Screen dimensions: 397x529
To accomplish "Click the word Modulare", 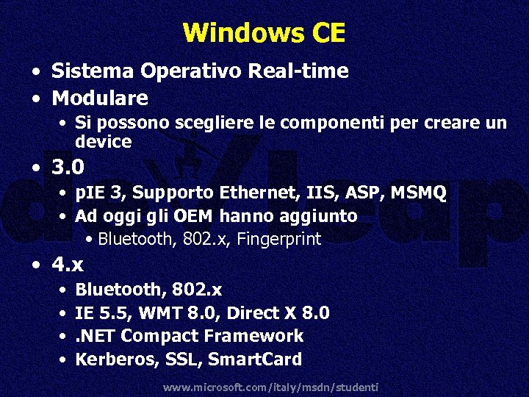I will pyautogui.click(x=100, y=98).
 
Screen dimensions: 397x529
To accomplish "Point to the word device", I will pyautogui.click(x=103, y=140).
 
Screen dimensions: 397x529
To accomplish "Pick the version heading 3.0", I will pyautogui.click(x=68, y=168).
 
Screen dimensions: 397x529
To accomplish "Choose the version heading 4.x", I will pyautogui.click(x=68, y=262).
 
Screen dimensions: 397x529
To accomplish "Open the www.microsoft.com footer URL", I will pyautogui.click(x=270, y=387).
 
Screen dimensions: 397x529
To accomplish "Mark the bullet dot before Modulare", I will pyautogui.click(x=35, y=99).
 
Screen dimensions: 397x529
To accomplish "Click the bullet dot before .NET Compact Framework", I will pyautogui.click(x=63, y=337).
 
